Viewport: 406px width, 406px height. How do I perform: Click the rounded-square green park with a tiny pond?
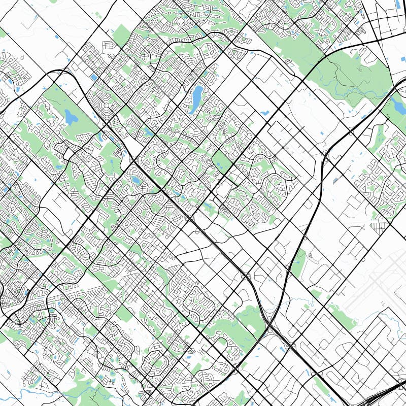pos(222,162)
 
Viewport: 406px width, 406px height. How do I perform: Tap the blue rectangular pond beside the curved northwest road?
pos(94,77)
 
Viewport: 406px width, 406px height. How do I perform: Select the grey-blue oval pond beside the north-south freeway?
pos(335,180)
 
